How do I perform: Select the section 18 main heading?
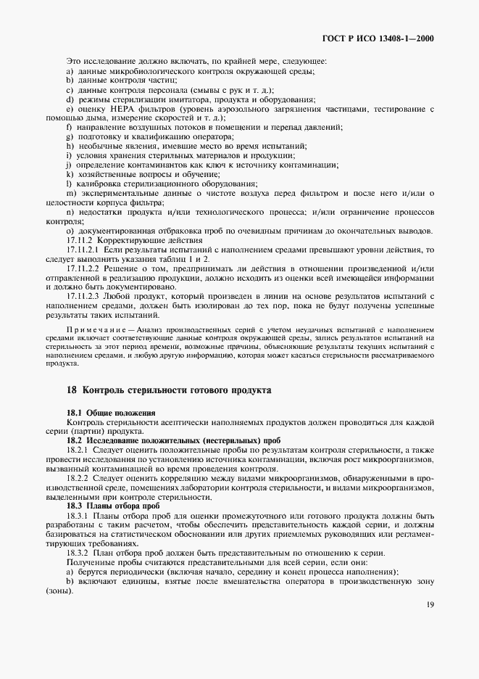[x=169, y=390]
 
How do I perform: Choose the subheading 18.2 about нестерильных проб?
[x=160, y=440]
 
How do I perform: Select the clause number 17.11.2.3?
[x=85, y=297]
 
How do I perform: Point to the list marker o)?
[x=70, y=231]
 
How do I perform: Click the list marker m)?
[x=70, y=193]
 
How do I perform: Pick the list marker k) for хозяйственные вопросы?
[x=70, y=174]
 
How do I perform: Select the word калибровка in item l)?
[x=101, y=184]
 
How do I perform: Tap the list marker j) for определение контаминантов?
[x=69, y=165]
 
